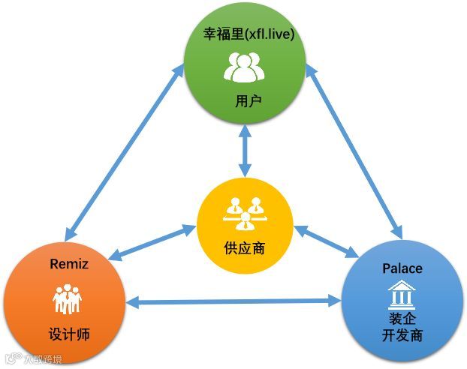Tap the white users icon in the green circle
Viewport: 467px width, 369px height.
point(244,67)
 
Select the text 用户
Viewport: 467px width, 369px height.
point(244,100)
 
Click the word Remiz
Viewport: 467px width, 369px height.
point(68,263)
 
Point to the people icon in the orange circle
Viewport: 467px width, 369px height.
point(66,300)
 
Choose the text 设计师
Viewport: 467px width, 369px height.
point(65,334)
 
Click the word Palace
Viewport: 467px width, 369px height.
point(402,268)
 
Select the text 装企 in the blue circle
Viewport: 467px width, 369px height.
point(402,319)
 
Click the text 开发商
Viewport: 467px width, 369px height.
point(402,335)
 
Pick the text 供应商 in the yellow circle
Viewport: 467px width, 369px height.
point(244,248)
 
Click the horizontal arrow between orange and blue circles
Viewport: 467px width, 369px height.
point(234,301)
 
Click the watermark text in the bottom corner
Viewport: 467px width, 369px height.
point(33,358)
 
